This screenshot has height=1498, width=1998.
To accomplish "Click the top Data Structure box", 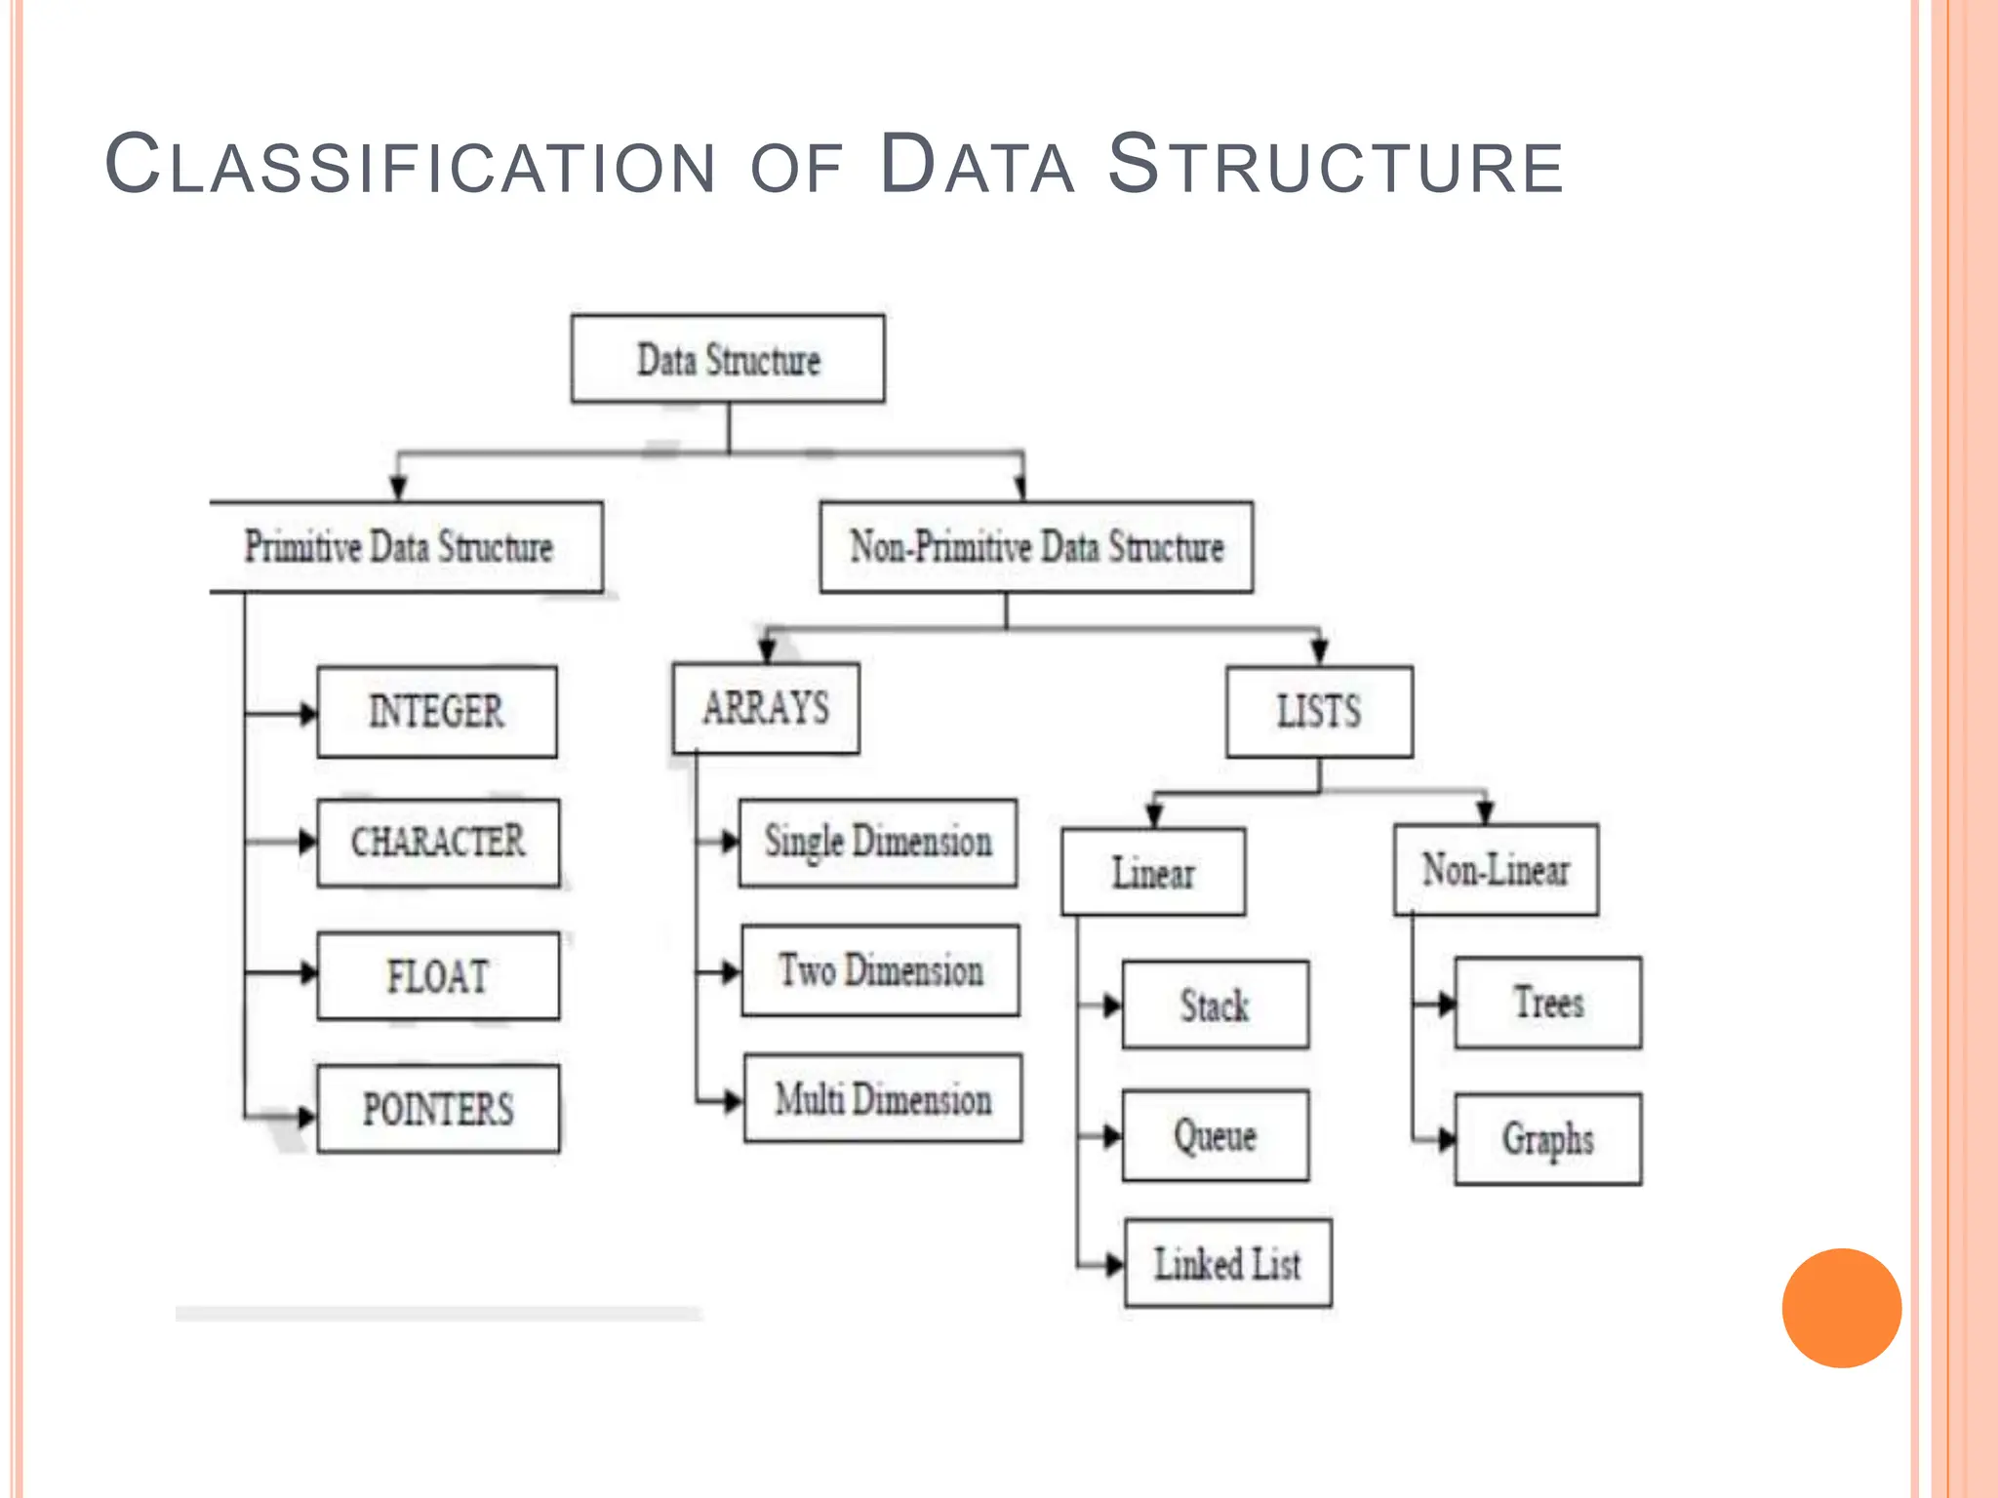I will tap(728, 359).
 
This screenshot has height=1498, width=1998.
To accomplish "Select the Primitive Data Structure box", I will tap(406, 547).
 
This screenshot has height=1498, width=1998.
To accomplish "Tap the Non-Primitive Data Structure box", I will tap(1036, 547).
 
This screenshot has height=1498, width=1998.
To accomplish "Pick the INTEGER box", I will tap(437, 712).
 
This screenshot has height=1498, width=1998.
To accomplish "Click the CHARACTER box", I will tap(438, 843).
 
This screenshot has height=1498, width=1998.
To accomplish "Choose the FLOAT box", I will tap(438, 976).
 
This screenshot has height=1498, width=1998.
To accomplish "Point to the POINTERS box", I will tap(438, 1109).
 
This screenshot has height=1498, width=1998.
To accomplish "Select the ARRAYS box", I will tap(766, 708).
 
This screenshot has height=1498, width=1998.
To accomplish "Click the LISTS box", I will tap(1319, 712).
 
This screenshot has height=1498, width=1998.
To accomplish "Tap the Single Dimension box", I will tap(878, 843).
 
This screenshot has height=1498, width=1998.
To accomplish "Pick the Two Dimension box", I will tap(880, 971).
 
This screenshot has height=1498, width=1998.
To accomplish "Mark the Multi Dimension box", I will tap(883, 1098).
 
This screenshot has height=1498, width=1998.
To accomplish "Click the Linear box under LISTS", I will tap(1153, 872).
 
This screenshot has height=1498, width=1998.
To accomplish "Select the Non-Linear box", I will tap(1496, 870).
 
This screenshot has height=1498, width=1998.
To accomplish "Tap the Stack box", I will tap(1216, 1005).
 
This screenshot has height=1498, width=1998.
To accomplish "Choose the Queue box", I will tap(1216, 1135).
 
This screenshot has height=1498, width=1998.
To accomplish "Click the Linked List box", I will tap(1228, 1264).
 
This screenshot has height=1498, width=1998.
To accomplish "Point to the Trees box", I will tap(1548, 1003).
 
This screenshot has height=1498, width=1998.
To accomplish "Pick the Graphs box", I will tap(1548, 1139).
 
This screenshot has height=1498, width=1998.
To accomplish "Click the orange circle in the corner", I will tap(1841, 1308).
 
